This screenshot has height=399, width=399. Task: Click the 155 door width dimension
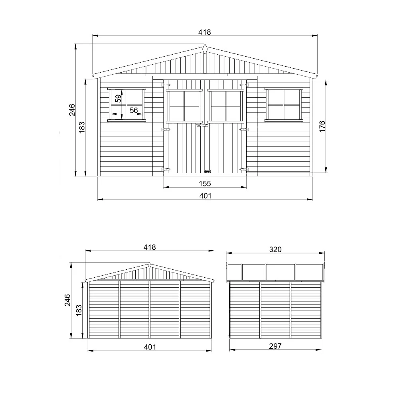[x=205, y=184]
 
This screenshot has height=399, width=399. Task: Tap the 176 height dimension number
[x=322, y=126]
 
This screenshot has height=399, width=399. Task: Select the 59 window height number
[x=118, y=98]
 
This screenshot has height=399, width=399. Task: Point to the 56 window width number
[x=134, y=110]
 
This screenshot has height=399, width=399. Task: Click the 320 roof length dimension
[x=275, y=249]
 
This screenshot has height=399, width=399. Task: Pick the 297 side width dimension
[x=275, y=346]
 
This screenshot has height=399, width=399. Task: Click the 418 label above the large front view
[x=205, y=32]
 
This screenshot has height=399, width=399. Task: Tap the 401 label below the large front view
[x=205, y=196]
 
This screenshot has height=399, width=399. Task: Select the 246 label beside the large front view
[x=72, y=110]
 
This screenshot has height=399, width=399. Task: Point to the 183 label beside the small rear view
[x=79, y=309]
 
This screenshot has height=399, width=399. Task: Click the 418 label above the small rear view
[x=149, y=247]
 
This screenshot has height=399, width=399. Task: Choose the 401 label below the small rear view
[x=149, y=347]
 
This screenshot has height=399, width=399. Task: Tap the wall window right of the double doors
[x=284, y=104]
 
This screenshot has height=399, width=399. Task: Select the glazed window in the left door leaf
[x=184, y=106]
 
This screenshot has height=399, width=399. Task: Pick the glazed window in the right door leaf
[x=225, y=106]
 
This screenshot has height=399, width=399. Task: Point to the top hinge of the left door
[x=166, y=85]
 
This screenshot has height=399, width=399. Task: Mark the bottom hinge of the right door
[x=243, y=170]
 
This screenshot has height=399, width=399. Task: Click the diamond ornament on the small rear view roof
[x=149, y=265]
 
